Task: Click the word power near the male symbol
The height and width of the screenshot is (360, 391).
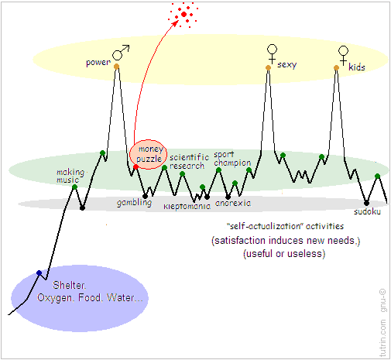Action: point(98,63)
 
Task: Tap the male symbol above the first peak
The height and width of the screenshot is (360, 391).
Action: point(121,53)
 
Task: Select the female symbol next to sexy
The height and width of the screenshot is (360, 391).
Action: point(272,54)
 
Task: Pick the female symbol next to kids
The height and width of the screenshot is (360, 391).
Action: point(343,56)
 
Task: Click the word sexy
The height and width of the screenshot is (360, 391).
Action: point(287,64)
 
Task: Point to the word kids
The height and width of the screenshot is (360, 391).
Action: point(357,67)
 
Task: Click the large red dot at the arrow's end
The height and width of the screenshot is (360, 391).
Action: point(183,15)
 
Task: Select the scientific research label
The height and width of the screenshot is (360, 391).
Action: point(189,162)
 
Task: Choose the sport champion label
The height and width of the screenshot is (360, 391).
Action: point(232,159)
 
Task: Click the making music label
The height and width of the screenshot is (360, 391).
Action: point(70,176)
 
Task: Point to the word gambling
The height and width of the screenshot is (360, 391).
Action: point(134,203)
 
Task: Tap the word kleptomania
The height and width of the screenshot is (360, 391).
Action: point(187,206)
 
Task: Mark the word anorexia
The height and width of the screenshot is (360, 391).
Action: point(233,204)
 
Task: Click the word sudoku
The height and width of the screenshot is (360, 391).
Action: point(367,212)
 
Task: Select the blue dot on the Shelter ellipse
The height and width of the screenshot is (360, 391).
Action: point(39,273)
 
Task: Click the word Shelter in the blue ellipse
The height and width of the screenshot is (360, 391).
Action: point(69,285)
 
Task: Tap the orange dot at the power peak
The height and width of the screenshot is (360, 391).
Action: point(116,67)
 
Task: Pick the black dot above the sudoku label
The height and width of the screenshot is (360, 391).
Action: point(366,203)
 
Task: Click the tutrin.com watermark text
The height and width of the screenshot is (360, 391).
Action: point(382,338)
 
